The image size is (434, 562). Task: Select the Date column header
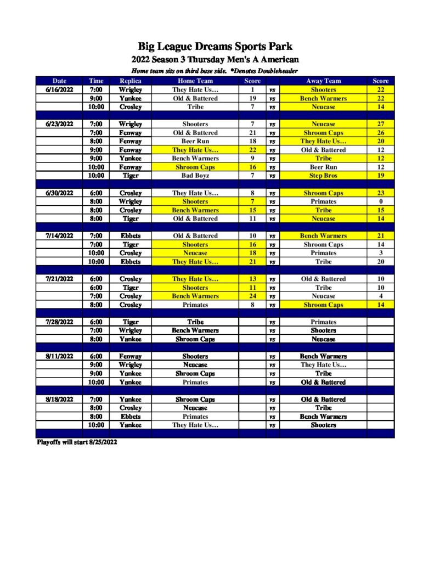click(59, 81)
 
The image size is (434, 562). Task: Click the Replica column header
click(131, 81)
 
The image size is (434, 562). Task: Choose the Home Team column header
click(195, 81)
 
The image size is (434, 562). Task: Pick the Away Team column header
click(323, 81)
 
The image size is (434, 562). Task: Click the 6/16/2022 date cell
click(59, 89)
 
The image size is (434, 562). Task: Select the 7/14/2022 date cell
click(59, 236)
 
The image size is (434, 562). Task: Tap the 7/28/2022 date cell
click(59, 322)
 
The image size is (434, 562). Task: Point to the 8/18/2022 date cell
click(59, 400)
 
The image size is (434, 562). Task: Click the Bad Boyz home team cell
click(195, 176)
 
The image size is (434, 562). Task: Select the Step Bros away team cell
click(323, 176)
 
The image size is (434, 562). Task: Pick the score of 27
click(380, 124)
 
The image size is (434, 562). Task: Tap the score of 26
click(380, 133)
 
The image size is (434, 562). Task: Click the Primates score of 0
click(380, 201)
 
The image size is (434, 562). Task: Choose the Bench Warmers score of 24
click(253, 296)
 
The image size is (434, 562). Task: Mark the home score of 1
click(253, 89)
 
